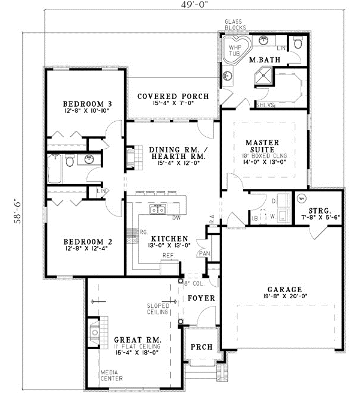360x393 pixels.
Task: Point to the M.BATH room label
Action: [262, 60]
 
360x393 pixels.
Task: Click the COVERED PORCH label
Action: [173, 96]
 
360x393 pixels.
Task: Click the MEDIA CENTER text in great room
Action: [112, 375]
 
